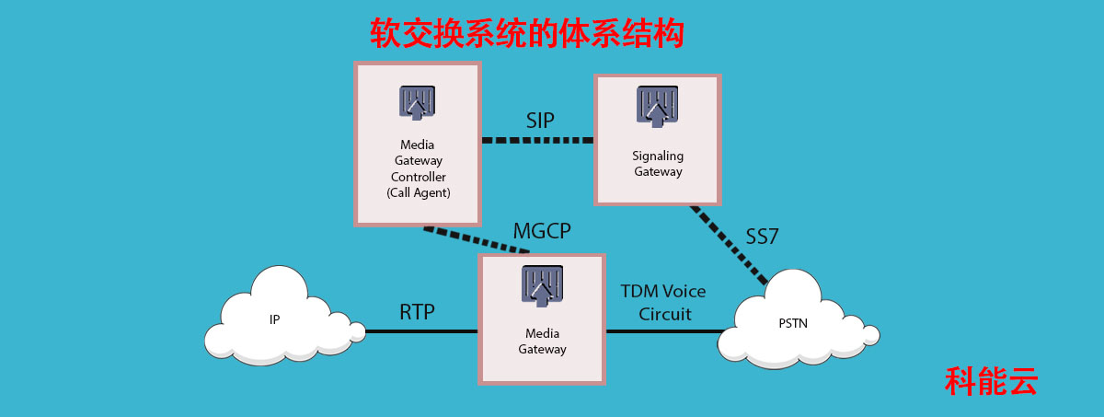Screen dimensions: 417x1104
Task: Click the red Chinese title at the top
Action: (527, 34)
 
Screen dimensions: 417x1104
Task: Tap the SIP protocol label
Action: (541, 121)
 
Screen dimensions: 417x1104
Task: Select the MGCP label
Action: (542, 230)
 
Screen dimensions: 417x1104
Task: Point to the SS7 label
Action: (762, 237)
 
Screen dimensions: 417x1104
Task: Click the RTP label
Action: (417, 312)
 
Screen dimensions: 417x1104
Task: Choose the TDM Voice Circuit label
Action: (662, 302)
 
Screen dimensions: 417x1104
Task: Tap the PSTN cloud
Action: (791, 323)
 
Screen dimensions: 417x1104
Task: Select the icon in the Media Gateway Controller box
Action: (417, 103)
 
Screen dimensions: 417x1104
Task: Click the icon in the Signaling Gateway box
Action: (657, 106)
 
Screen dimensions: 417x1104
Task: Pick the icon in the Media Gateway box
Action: (542, 285)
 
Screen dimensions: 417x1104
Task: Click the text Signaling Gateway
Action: (657, 164)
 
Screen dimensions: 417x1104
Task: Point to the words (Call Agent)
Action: (418, 192)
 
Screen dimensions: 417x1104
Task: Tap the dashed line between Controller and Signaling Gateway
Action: (537, 141)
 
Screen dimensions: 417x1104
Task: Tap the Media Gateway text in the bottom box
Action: (542, 342)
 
